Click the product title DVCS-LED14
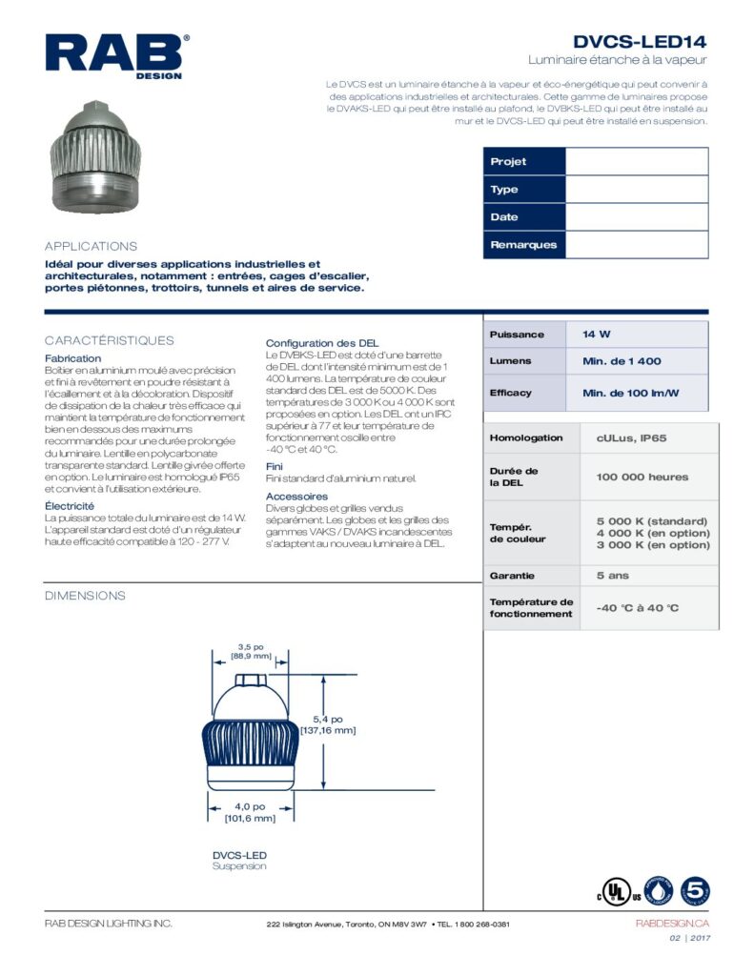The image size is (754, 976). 640,42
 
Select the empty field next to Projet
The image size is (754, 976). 637,162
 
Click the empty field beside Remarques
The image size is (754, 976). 637,245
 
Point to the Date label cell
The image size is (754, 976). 524,217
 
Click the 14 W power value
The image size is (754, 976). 597,335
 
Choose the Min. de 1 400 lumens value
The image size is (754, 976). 622,361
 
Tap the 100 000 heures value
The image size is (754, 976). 642,477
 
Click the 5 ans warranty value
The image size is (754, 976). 613,576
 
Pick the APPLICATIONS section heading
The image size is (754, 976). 92,246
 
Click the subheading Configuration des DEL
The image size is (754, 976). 322,343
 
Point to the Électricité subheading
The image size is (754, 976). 70,505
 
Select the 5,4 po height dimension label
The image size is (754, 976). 328,718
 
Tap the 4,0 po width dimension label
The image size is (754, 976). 251,806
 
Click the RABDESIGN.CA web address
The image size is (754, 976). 672,924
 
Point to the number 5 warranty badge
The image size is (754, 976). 694,890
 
